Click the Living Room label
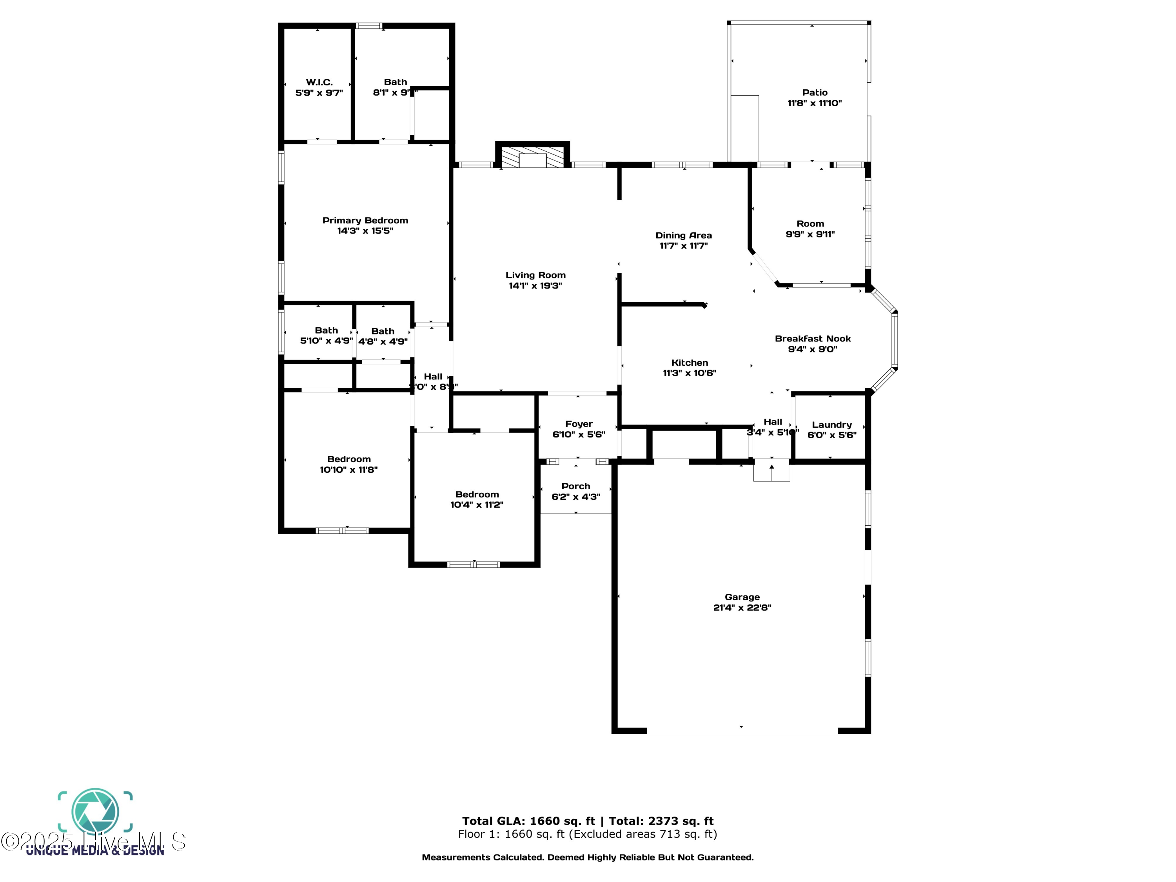(535, 275)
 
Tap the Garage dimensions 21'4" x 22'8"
(742, 608)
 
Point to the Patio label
(815, 93)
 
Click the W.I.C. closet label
(319, 82)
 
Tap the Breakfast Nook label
(812, 339)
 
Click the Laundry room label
(831, 425)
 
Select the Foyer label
(579, 424)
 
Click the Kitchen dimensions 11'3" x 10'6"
(689, 373)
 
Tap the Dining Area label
(683, 235)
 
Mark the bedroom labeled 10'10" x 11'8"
(349, 464)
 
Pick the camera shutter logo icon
(95, 811)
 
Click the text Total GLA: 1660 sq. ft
(528, 821)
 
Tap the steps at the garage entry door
(771, 472)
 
